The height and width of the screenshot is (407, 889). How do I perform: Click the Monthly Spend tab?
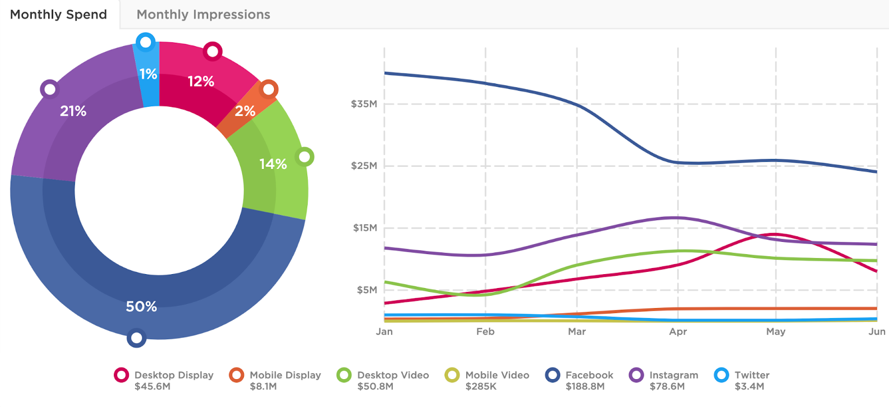click(x=58, y=14)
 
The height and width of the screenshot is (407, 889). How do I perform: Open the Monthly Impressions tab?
click(x=203, y=14)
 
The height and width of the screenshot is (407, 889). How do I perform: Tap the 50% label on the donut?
click(x=141, y=306)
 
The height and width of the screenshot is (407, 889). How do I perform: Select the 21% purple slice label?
click(x=73, y=111)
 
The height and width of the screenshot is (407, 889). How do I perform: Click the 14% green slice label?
click(x=273, y=164)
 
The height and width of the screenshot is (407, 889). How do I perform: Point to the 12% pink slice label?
click(x=201, y=82)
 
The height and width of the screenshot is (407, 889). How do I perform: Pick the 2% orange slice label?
click(x=244, y=111)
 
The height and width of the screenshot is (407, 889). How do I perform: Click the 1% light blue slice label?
click(x=148, y=74)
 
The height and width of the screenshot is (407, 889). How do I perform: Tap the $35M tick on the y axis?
click(x=364, y=104)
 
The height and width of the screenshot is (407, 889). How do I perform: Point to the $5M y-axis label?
click(x=367, y=290)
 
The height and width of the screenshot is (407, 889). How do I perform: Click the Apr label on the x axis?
click(x=678, y=331)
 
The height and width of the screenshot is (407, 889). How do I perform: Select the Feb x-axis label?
click(x=485, y=331)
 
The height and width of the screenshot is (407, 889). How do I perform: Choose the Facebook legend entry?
click(x=589, y=375)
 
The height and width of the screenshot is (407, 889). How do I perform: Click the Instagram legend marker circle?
click(x=636, y=375)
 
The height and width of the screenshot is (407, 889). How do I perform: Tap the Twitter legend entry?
click(x=752, y=375)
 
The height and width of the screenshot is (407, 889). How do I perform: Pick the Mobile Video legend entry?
click(x=497, y=375)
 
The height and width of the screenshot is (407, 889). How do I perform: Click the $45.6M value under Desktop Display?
click(x=152, y=386)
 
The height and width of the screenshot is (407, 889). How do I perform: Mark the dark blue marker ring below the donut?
click(x=136, y=337)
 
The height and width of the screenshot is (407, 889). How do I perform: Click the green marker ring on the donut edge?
click(x=304, y=157)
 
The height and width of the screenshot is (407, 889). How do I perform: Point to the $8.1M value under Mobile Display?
click(x=263, y=386)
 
